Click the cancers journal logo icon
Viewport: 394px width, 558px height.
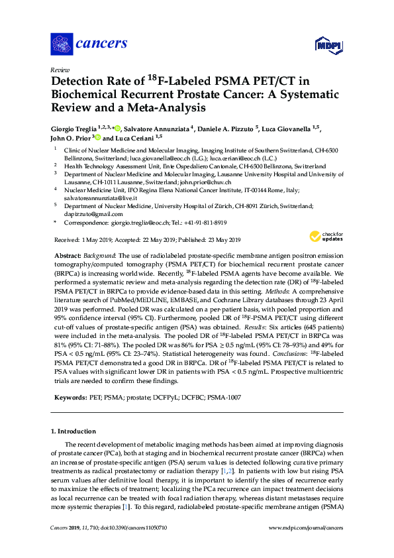(x=62, y=44)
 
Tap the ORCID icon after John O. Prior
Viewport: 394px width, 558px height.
(x=97, y=138)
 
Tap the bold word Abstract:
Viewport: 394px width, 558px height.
(x=68, y=255)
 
